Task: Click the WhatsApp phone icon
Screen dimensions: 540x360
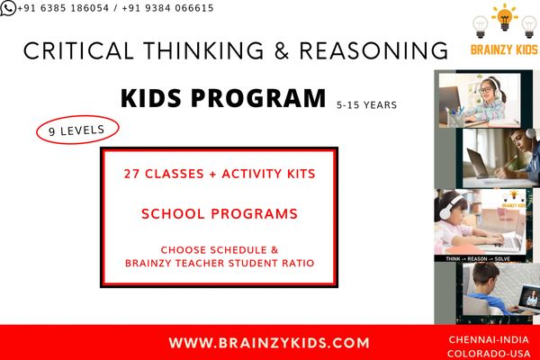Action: pos(8,8)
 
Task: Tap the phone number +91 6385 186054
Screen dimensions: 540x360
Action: pos(63,8)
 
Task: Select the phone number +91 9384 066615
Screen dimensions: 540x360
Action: pos(167,8)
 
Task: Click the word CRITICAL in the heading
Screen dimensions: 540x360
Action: pos(78,50)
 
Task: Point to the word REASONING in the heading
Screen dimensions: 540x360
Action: pos(373,50)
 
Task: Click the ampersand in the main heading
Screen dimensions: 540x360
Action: pos(282,50)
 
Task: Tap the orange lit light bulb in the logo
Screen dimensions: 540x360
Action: pos(505,17)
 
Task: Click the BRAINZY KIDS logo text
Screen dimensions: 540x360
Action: pos(504,49)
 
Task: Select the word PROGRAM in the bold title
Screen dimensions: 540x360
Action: pos(258,98)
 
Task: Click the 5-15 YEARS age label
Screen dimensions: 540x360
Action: pos(367,105)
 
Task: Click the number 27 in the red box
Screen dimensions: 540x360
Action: pos(131,174)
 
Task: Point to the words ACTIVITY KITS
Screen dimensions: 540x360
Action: pos(268,174)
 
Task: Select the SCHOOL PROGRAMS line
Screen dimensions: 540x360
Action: pos(220,213)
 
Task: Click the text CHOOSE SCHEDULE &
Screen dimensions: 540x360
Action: pos(220,250)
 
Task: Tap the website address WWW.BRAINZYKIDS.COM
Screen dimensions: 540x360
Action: pos(269,343)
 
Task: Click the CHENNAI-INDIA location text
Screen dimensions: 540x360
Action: pos(489,339)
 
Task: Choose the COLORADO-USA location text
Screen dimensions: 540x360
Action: pos(489,354)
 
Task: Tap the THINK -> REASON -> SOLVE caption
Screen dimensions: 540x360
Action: pos(479,258)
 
